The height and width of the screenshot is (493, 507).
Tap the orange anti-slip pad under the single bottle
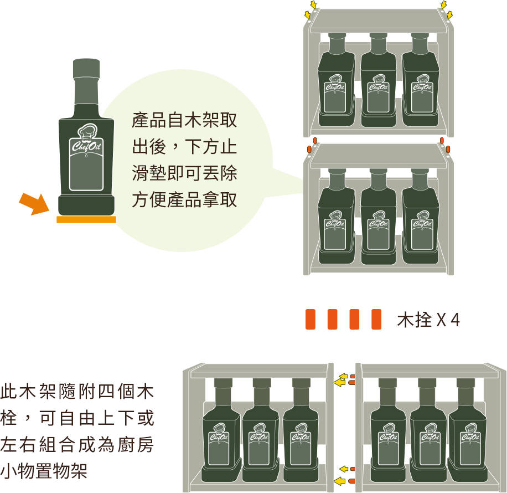coord(86,219)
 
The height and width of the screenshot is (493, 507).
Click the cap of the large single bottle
coord(86,69)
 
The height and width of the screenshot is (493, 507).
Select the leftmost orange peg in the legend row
coord(311,320)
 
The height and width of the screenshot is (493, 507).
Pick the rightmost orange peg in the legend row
coord(376,320)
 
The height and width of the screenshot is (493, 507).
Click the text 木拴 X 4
coord(428,320)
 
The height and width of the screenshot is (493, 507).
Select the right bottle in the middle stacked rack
coord(420,216)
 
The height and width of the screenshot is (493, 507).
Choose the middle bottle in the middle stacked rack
coord(378,216)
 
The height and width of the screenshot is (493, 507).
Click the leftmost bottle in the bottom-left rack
coord(221,430)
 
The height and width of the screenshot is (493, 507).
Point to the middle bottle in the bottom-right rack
coord(429,430)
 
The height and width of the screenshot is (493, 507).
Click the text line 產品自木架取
coord(184,120)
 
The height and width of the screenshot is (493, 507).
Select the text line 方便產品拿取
coord(184,199)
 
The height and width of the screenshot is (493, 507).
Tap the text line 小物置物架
coord(44,471)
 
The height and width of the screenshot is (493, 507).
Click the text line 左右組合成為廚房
coord(77,444)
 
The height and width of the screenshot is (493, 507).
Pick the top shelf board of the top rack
coord(378,20)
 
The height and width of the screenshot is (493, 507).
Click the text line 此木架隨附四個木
coord(77,391)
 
